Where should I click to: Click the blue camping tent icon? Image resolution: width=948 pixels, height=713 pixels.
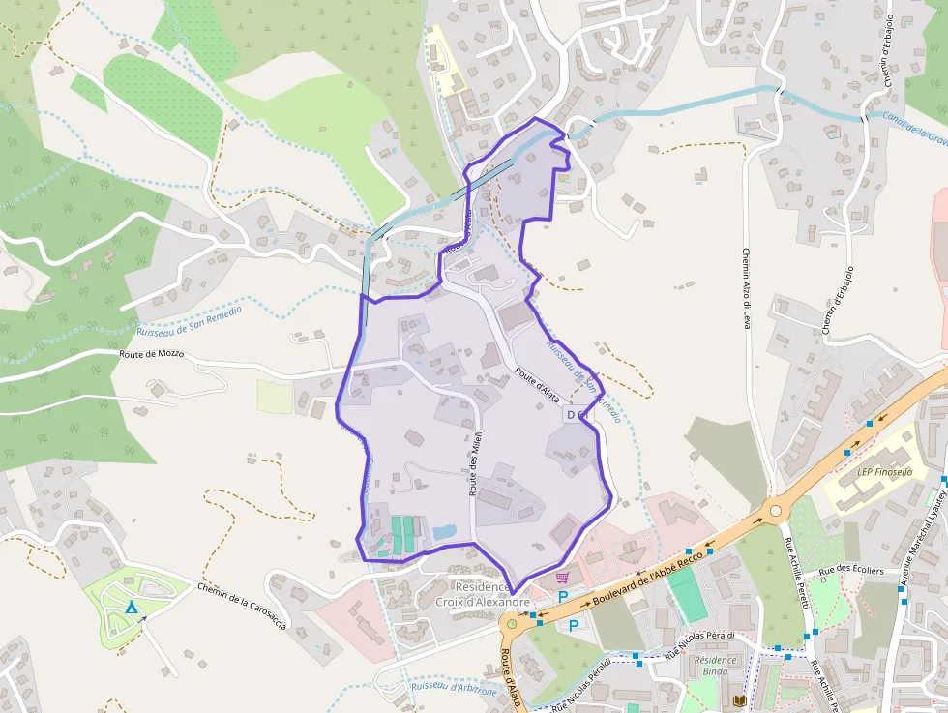pos(131,608)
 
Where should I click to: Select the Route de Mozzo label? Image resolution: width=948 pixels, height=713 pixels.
pos(151,354)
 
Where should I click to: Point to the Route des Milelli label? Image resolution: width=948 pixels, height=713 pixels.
pos(476,461)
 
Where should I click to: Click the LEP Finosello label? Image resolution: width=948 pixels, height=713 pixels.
pos(885,473)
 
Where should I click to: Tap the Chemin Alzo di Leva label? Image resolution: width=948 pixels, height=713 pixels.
pos(747,288)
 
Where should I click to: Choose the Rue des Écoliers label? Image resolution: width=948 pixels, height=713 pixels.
pos(851,571)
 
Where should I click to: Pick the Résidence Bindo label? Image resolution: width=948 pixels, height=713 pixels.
pos(715,666)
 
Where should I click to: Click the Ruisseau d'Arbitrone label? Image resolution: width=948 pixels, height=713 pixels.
pos(454,687)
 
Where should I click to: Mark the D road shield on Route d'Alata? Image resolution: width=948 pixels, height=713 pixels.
pos(570,415)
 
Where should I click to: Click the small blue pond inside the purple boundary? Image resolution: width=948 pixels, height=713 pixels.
pos(444,532)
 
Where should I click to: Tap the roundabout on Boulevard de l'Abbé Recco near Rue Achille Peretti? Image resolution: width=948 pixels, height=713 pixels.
pos(775,509)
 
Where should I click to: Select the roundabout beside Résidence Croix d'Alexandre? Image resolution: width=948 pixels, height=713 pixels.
pos(512,624)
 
